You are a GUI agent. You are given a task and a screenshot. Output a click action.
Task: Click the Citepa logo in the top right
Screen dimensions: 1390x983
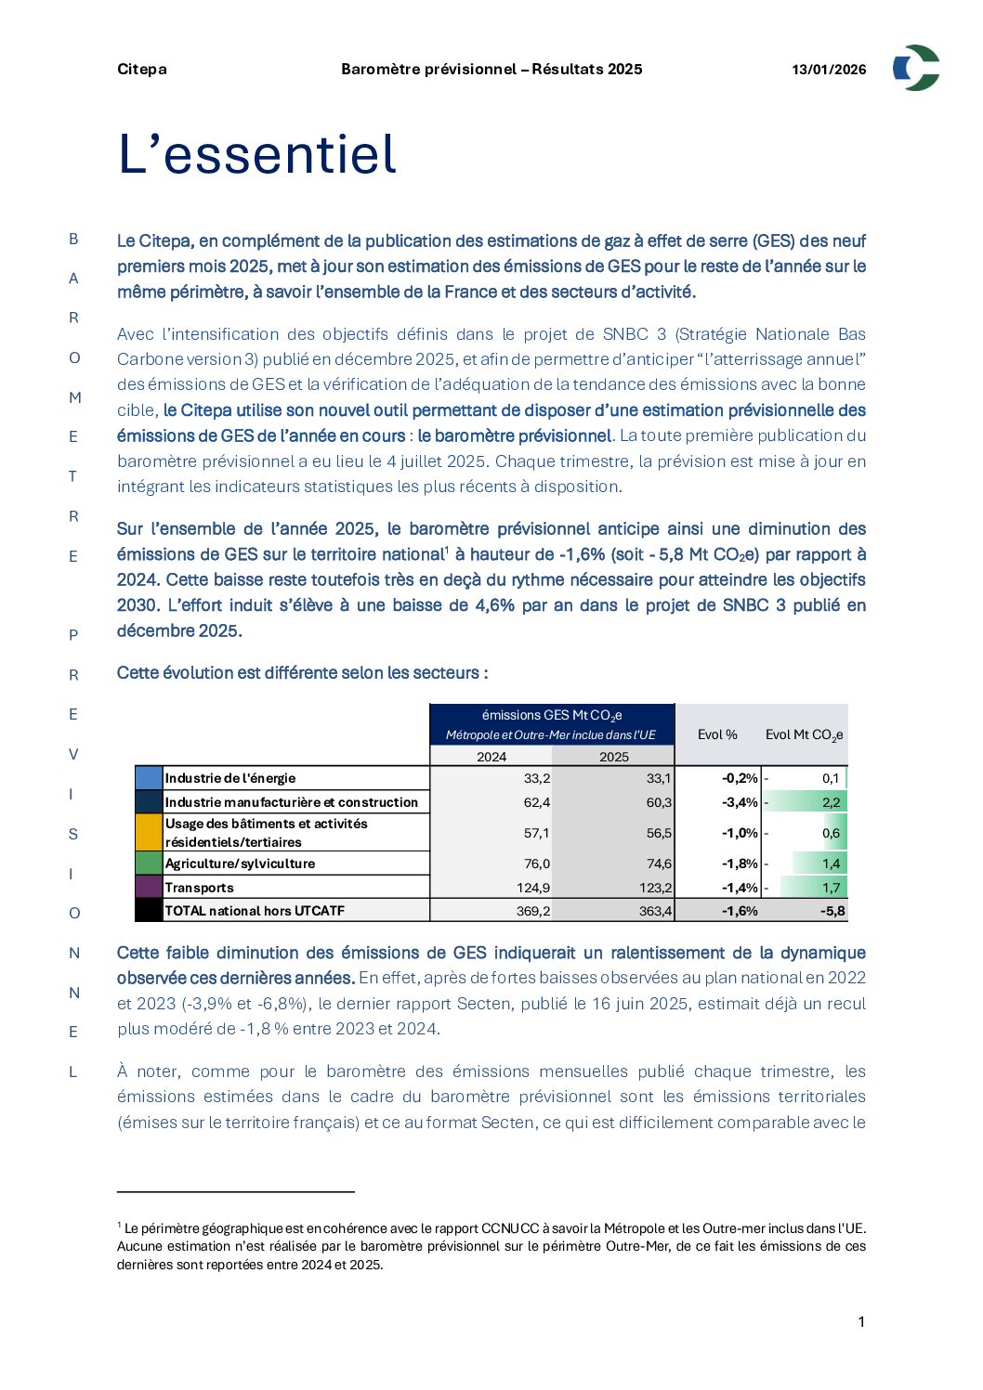click(916, 68)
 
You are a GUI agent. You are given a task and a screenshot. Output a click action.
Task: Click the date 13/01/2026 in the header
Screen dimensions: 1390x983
click(829, 70)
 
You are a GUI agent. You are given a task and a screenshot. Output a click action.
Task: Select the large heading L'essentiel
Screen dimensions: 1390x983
click(257, 154)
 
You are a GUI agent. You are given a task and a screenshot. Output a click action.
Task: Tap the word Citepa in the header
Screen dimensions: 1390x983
click(142, 70)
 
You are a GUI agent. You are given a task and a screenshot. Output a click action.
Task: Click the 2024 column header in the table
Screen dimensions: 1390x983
click(491, 757)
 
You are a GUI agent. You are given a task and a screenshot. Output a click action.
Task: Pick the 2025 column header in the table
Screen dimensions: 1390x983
click(613, 757)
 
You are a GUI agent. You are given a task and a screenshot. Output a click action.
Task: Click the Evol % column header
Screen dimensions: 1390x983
click(717, 734)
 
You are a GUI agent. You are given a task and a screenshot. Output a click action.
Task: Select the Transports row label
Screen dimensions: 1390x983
click(200, 888)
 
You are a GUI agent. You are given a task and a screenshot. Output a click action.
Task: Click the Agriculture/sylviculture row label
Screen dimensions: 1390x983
click(240, 864)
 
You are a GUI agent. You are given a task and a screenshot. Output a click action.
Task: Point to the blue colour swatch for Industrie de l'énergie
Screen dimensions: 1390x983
click(149, 778)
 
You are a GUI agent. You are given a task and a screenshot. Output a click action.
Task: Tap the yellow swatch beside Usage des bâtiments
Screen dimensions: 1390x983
click(149, 833)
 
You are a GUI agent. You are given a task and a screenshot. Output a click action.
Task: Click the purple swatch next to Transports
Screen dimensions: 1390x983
click(149, 888)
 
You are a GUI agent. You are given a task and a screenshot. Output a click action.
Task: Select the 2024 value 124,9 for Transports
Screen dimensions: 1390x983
click(533, 888)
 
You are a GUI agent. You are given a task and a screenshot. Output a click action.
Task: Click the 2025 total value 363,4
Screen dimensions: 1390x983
click(655, 911)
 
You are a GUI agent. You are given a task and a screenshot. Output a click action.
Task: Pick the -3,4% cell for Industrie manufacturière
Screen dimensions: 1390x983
click(740, 802)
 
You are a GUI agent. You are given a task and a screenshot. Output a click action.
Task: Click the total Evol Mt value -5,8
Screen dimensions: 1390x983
click(832, 911)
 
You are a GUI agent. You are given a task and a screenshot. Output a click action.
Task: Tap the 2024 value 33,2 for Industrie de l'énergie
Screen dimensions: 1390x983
click(537, 778)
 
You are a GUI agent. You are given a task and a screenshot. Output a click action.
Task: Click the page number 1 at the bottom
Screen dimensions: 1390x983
click(861, 1322)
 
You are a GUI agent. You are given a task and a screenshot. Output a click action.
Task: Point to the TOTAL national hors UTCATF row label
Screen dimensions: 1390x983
click(255, 911)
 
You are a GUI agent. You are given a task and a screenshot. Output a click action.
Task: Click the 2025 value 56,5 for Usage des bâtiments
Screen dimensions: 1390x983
click(659, 833)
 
